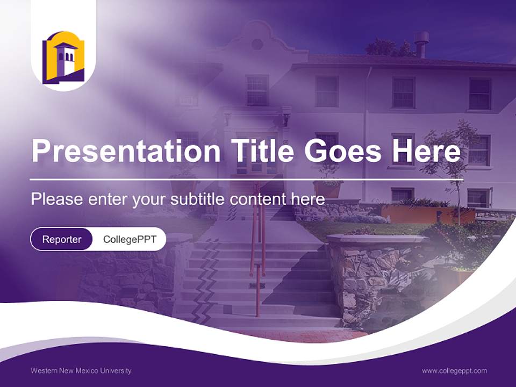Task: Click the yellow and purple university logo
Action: [63, 58]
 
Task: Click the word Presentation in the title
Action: [126, 151]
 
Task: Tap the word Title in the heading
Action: [262, 150]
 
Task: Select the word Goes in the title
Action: [342, 150]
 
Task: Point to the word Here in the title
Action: [426, 150]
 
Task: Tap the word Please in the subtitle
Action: [57, 199]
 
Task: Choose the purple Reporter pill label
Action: [61, 239]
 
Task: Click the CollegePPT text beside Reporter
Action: [130, 240]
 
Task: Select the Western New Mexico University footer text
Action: [81, 371]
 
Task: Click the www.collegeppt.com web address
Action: [454, 371]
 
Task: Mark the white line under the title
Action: [247, 180]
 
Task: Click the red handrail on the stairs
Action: [259, 250]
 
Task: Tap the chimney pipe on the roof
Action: [421, 45]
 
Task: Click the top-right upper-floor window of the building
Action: [480, 94]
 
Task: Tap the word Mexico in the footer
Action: [87, 371]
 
